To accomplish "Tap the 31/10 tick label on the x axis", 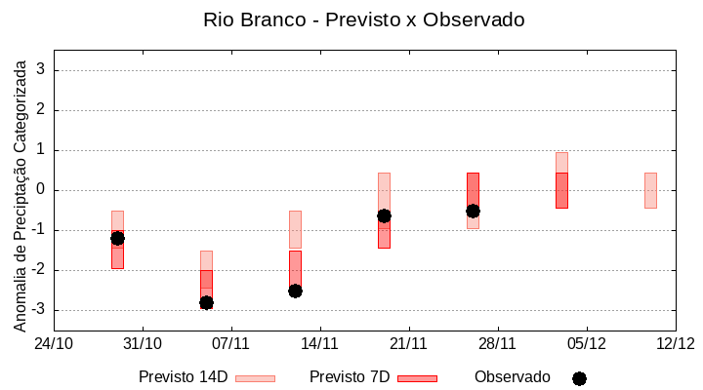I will (x=143, y=343).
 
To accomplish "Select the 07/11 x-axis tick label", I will (x=231, y=343).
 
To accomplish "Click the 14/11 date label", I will (x=320, y=343).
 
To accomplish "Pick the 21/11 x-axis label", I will (x=409, y=343).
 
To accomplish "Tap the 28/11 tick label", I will (x=498, y=343).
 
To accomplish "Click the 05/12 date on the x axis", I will (x=587, y=343).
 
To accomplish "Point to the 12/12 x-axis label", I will (x=675, y=343).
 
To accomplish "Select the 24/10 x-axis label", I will (x=54, y=343).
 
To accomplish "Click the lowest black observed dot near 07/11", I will (x=206, y=302).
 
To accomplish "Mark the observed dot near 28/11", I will (x=473, y=211).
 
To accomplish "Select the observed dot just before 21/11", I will (x=384, y=215).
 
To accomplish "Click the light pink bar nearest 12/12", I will (x=650, y=190).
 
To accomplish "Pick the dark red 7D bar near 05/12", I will (x=561, y=190).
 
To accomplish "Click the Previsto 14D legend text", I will (x=183, y=377).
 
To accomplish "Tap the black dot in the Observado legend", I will (x=579, y=378).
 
